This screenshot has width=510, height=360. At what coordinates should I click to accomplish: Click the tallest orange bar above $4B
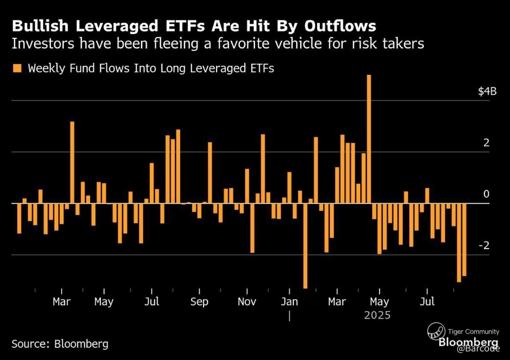(x=369, y=139)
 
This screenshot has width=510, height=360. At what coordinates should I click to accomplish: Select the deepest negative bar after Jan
(x=305, y=246)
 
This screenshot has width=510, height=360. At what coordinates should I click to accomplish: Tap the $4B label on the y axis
(x=487, y=91)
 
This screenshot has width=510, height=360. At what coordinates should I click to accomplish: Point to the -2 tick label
(x=484, y=245)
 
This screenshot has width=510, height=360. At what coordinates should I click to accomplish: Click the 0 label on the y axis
(x=486, y=194)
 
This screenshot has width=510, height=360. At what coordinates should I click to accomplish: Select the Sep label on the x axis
(x=199, y=302)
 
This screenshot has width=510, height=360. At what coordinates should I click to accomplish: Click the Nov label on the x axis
(x=247, y=302)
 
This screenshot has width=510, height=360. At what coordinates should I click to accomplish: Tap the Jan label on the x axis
(x=289, y=302)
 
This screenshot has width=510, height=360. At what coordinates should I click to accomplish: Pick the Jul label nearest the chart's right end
(x=427, y=301)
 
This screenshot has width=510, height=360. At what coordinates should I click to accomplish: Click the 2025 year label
(x=377, y=315)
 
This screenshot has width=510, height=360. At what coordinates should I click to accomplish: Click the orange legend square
(x=17, y=68)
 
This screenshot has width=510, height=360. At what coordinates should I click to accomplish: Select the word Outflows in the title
(x=340, y=26)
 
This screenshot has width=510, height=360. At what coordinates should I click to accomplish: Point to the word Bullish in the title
(x=40, y=26)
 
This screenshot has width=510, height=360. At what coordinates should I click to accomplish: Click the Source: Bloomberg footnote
(x=60, y=344)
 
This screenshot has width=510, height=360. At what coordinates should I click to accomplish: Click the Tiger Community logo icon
(x=436, y=331)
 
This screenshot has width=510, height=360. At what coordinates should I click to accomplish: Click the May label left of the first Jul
(x=104, y=302)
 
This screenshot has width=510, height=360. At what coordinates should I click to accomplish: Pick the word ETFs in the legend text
(x=262, y=68)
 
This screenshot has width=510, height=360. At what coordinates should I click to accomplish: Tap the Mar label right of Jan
(x=337, y=302)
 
